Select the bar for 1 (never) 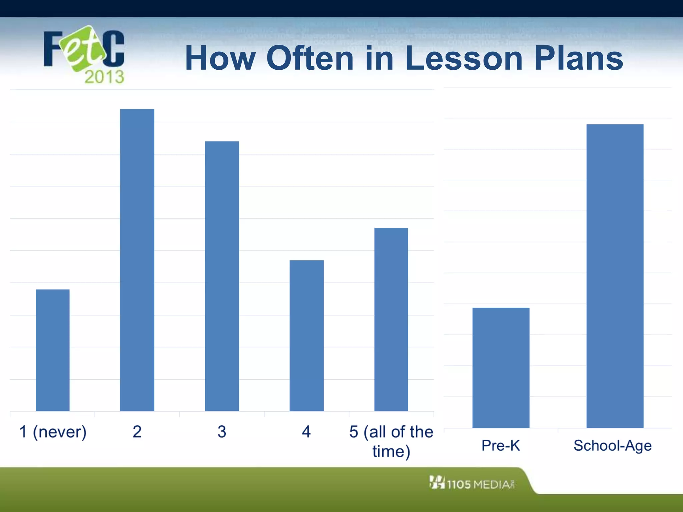tap(53, 350)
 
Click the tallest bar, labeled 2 tap(137, 260)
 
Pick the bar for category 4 tap(306, 335)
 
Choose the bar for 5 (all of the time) tap(391, 319)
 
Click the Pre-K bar tap(501, 367)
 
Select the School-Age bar tap(615, 276)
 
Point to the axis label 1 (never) tap(53, 432)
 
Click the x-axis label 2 tap(137, 432)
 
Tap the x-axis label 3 tap(222, 432)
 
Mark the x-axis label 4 tap(306, 432)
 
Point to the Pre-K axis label tap(501, 446)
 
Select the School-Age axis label tap(612, 446)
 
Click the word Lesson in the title tap(464, 58)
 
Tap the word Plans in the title tap(579, 58)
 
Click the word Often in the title tap(310, 58)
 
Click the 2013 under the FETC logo tap(104, 77)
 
